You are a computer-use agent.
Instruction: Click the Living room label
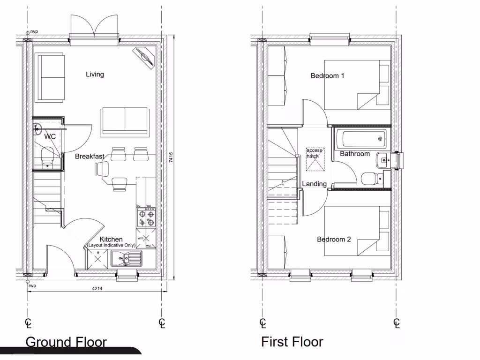pos(95,74)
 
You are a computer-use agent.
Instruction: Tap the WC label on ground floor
pos(50,137)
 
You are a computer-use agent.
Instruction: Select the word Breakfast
pos(90,157)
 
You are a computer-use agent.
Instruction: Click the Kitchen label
pos(111,239)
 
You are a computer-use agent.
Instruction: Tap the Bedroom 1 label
pos(328,75)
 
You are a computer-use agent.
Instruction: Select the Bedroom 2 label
pos(334,239)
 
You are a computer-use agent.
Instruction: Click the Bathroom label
pos(355,154)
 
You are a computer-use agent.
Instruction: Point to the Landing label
pos(314,184)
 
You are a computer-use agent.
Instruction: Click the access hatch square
pos(315,159)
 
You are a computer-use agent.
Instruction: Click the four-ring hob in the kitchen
pos(146,217)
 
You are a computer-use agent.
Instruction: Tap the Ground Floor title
pos(66,342)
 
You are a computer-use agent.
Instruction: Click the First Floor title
pos(292,342)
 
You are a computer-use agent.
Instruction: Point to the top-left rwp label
pos(34,32)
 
